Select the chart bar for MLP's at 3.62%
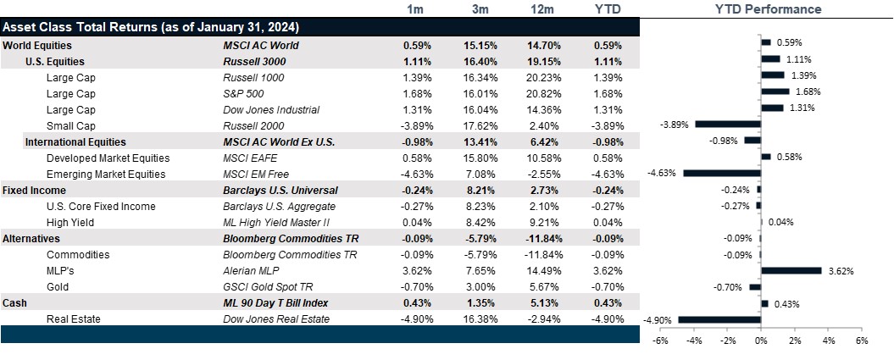pyautogui.click(x=791, y=270)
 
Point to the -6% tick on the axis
pyautogui.click(x=661, y=341)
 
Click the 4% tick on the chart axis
pyautogui.click(x=828, y=341)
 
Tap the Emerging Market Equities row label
pyautogui.click(x=108, y=174)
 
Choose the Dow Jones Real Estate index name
pyautogui.click(x=272, y=318)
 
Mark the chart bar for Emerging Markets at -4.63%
pyautogui.click(x=722, y=174)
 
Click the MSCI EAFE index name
pyautogui.click(x=248, y=158)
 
